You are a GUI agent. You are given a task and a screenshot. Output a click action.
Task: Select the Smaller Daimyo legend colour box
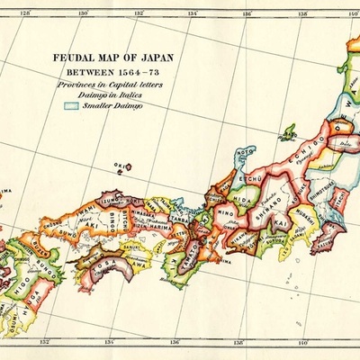click(72, 105)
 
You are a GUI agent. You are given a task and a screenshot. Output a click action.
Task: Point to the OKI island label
click(118, 166)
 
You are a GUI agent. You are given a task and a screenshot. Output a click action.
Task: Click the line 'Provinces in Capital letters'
click(100, 83)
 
